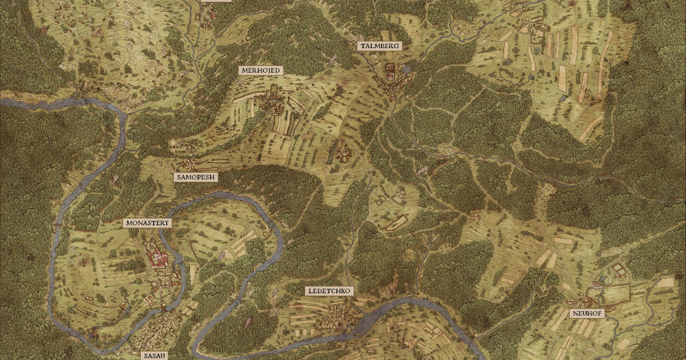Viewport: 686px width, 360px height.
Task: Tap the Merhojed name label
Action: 261,70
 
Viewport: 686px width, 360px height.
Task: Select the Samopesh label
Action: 196,177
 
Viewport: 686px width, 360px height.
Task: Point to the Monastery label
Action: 147,223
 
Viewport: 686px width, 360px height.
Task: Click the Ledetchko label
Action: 329,291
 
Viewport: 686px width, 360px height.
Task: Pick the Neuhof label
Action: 587,313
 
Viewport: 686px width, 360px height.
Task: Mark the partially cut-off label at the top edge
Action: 217,2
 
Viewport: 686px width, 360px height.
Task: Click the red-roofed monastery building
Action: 158,261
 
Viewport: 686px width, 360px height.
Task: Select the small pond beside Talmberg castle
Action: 406,69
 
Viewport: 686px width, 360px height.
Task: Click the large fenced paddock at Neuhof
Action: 615,292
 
